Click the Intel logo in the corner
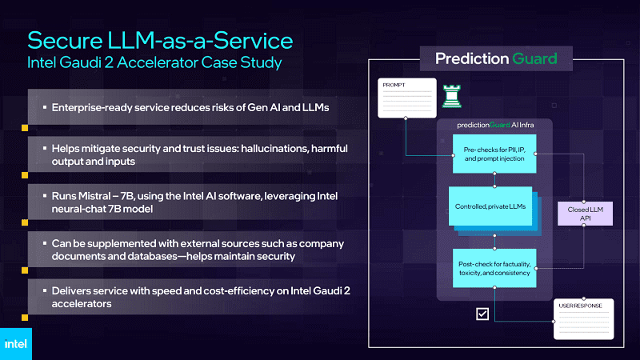(x=15, y=344)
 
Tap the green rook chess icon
(x=452, y=96)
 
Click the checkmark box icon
(x=482, y=314)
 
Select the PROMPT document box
(x=407, y=98)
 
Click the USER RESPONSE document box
(x=584, y=319)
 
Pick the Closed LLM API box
(x=585, y=214)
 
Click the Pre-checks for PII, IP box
(x=494, y=154)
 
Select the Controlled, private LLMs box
(x=490, y=206)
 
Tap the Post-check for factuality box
(x=494, y=268)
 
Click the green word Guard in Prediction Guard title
(x=534, y=58)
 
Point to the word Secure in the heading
(x=65, y=41)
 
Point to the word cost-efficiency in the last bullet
(x=246, y=291)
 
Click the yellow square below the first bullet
(x=25, y=128)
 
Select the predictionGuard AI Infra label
(x=495, y=125)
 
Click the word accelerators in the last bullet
(x=82, y=304)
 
